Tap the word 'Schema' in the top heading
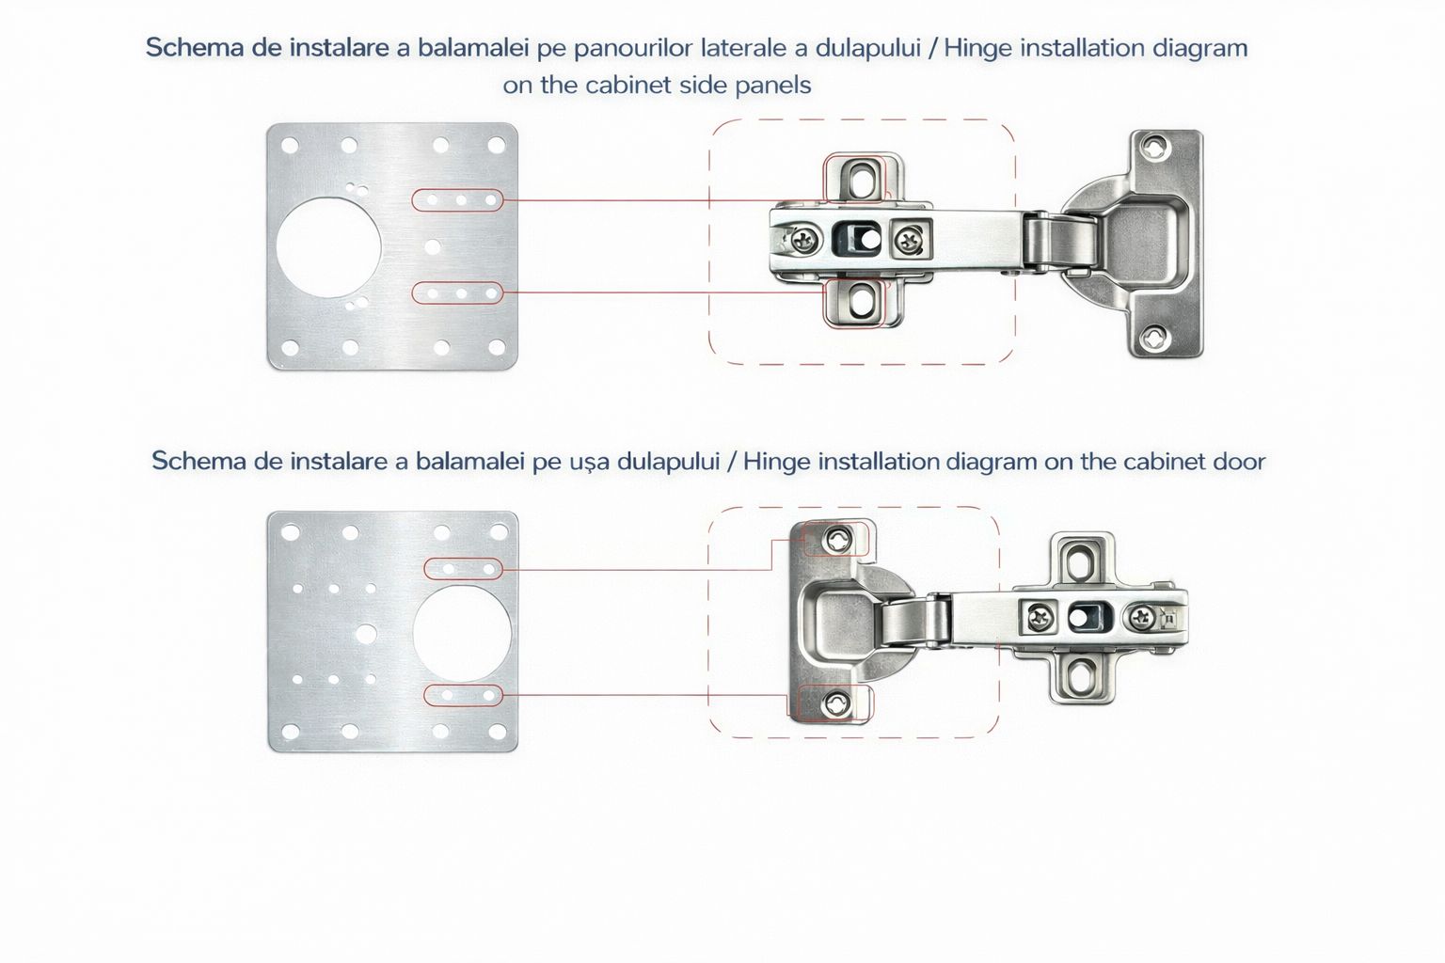(194, 48)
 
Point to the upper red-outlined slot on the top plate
(458, 200)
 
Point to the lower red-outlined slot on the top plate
(458, 293)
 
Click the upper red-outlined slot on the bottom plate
(464, 569)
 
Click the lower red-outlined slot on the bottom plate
(464, 696)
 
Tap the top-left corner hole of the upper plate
(291, 146)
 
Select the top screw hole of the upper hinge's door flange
(1155, 147)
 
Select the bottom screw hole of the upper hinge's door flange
(1155, 339)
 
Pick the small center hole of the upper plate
(432, 246)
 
